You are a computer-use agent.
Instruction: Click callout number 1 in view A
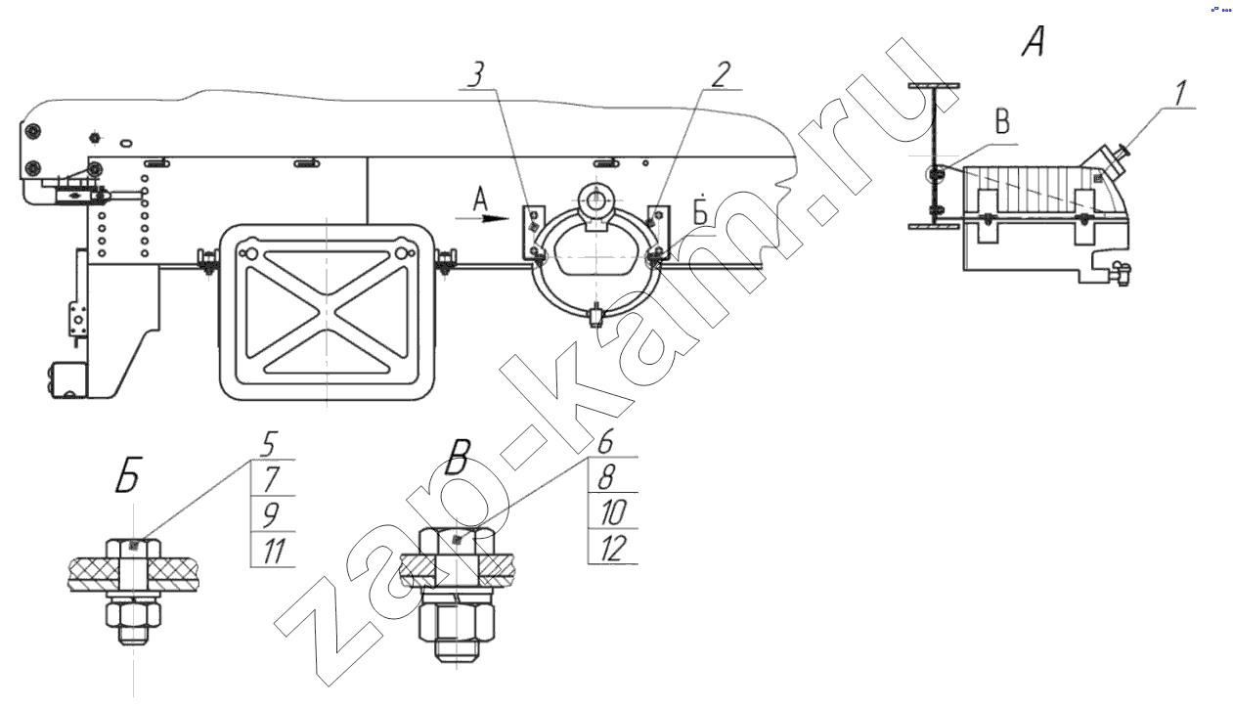[x=1179, y=94]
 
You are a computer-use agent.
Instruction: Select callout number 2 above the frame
[x=721, y=75]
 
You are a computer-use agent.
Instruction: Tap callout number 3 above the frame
[x=476, y=75]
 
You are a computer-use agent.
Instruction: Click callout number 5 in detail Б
[x=268, y=444]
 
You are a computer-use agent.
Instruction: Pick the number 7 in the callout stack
[x=271, y=478]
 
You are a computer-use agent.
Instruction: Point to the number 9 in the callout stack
[x=270, y=514]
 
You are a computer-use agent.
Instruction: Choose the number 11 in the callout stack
[x=274, y=551]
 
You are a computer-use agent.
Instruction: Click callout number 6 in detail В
[x=606, y=441]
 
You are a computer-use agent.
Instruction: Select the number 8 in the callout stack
[x=606, y=476]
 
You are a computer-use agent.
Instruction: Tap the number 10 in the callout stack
[x=612, y=511]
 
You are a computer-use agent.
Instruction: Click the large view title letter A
[x=1034, y=42]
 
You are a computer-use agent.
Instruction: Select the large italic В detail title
[x=458, y=457]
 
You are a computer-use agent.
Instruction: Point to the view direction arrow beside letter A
[x=482, y=218]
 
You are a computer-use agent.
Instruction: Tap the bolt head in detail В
[x=458, y=541]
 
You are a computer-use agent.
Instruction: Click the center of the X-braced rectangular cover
[x=327, y=312]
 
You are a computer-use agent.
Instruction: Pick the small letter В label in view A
[x=1002, y=122]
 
